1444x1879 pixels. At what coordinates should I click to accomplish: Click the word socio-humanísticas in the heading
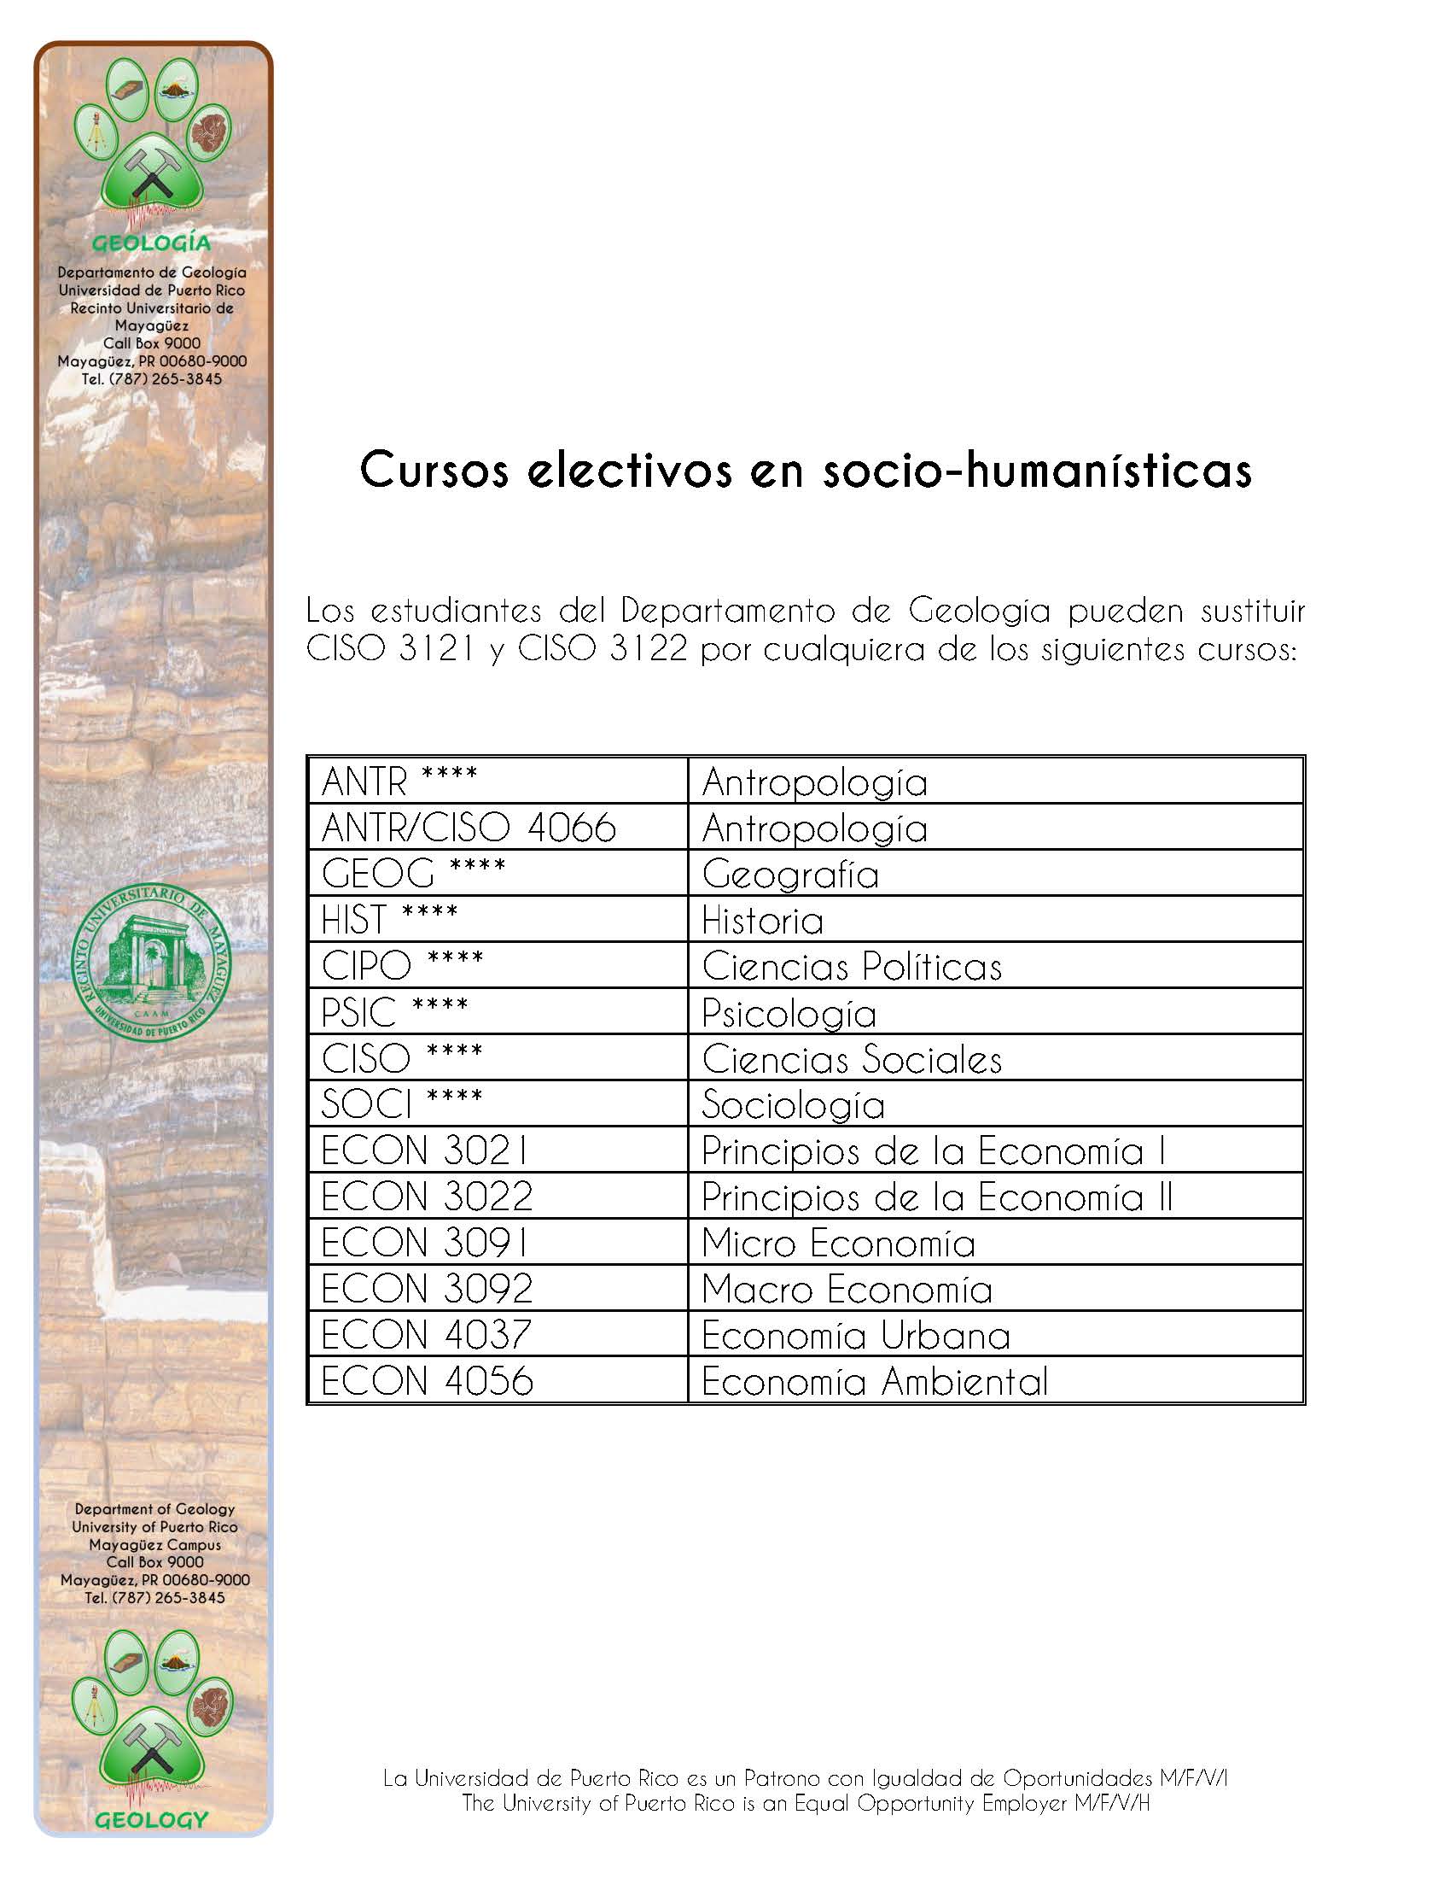pos(1037,471)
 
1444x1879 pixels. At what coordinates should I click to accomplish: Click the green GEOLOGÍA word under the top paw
pos(151,243)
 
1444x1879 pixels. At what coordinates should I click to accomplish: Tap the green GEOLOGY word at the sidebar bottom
pos(151,1820)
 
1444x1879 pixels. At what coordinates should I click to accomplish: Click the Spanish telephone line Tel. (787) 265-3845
pos(151,378)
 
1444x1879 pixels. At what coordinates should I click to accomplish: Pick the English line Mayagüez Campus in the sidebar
pos(154,1544)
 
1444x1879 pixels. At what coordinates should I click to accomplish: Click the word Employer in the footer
pos(1026,1803)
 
